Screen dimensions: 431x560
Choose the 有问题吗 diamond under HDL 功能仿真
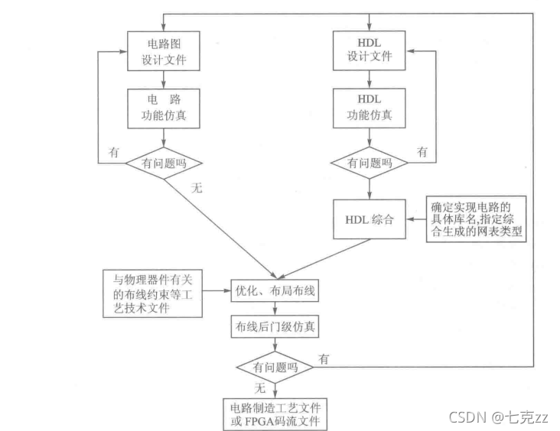coord(370,163)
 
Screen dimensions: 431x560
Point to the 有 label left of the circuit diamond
coord(112,152)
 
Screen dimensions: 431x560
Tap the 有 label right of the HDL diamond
coord(422,152)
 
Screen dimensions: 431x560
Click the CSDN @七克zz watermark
coord(498,417)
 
